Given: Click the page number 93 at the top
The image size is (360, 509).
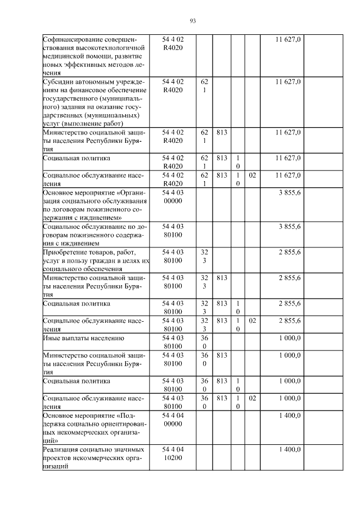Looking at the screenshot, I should (x=192, y=21).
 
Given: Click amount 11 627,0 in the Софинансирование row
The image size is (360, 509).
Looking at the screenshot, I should (x=289, y=39).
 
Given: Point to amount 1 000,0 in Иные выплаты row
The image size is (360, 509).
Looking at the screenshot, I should (x=290, y=338).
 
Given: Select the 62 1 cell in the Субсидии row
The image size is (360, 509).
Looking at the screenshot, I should (x=204, y=85).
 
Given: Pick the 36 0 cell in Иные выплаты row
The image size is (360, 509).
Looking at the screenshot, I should (x=204, y=342).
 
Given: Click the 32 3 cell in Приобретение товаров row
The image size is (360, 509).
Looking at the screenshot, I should (x=204, y=256).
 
